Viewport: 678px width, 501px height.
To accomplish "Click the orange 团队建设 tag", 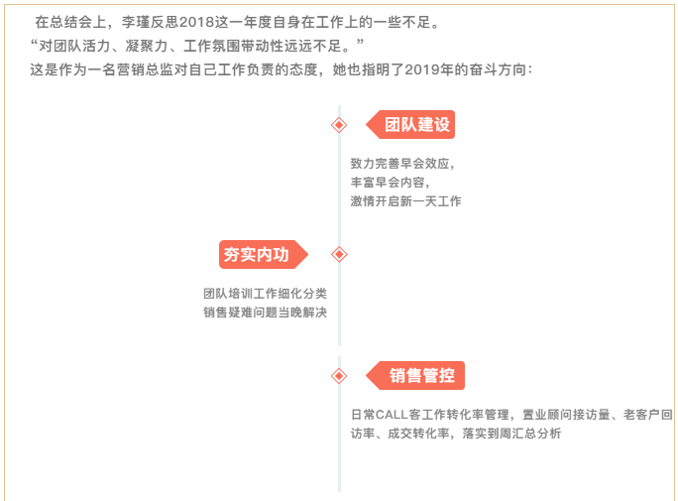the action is pos(410,125).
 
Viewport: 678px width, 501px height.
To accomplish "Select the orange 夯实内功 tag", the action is pos(264,254).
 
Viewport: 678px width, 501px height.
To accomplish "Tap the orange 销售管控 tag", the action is pos(415,376).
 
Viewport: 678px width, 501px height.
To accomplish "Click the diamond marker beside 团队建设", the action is pos(339,125).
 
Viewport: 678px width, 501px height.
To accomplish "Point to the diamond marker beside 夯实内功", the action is pos(339,254).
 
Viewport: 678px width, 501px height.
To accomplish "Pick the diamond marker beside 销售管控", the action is pos(339,376).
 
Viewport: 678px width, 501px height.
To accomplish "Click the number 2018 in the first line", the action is pos(197,22).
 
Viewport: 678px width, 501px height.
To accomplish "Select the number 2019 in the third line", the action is pos(422,69).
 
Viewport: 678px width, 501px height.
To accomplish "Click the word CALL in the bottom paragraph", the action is pos(392,415).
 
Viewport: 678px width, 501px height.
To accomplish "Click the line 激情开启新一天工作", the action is pos(405,201).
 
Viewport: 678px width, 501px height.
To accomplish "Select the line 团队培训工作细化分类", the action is pos(265,294).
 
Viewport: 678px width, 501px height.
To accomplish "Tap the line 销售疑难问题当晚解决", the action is pos(265,312).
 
